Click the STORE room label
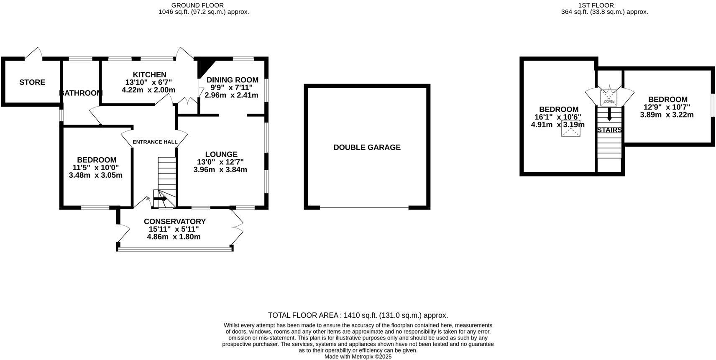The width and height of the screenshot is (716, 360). point(32,82)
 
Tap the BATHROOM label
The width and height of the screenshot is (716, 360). point(81,93)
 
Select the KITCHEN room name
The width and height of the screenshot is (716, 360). point(149,75)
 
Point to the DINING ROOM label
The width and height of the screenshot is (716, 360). point(232,80)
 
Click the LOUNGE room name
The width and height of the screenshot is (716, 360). point(221,154)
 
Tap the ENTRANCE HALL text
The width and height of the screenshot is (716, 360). point(155,142)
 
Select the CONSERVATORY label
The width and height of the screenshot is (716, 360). point(174,222)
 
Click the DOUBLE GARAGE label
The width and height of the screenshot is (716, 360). point(367,147)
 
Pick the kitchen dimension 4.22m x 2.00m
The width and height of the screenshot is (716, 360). point(148,90)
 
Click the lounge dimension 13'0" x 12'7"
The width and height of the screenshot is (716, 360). point(220,162)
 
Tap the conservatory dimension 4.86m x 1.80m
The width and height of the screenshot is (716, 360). point(174,237)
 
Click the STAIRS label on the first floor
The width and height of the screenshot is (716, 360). point(609,130)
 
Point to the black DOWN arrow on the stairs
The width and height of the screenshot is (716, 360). point(609,114)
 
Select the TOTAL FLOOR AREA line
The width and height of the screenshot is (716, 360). point(358,315)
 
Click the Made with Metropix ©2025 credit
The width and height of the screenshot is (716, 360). point(358,357)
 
